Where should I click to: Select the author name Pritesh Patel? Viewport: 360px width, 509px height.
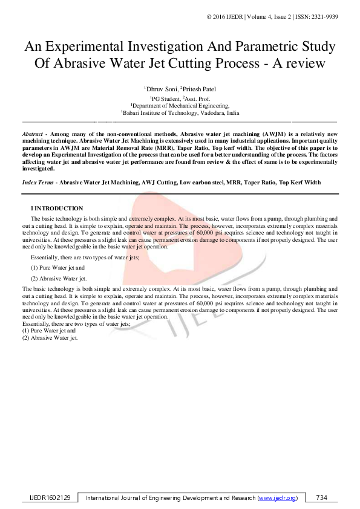(198, 89)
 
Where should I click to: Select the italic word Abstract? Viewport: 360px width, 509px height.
(32, 133)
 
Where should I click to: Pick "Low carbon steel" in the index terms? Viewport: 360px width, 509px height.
(203, 182)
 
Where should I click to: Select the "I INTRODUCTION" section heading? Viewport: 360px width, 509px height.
(57, 209)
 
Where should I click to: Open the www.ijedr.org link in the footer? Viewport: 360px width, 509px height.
(277, 498)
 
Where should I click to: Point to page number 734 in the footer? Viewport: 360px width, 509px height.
(321, 498)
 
